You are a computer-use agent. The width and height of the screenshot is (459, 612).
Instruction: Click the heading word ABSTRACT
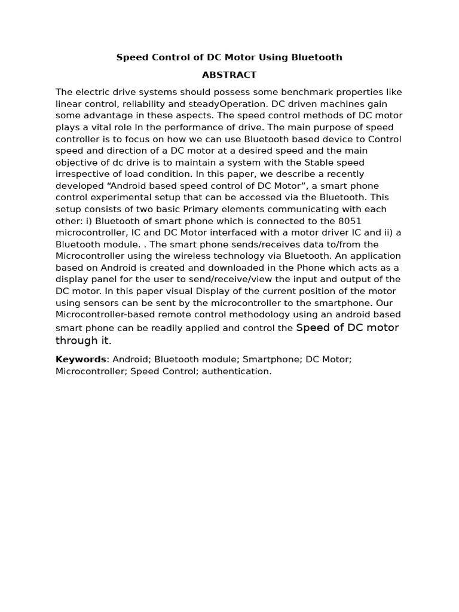click(229, 75)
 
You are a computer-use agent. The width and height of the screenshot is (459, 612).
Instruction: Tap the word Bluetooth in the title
click(317, 57)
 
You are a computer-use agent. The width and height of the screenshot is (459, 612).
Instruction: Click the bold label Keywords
click(81, 360)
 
